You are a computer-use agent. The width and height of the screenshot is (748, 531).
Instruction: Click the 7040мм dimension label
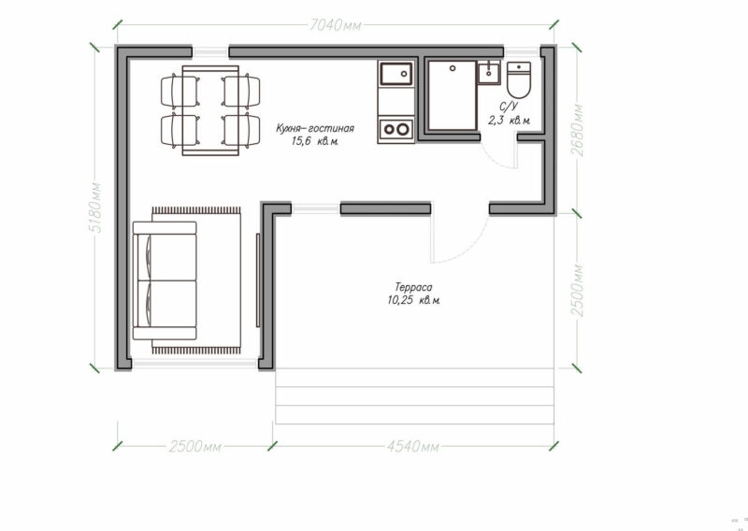pos(336,25)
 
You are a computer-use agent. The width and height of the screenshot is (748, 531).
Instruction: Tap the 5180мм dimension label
pos(95,208)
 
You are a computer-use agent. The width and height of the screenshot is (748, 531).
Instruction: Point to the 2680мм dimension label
pos(577,130)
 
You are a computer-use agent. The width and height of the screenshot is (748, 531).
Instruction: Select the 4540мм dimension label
pos(412,447)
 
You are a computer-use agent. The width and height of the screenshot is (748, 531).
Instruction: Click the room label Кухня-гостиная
pos(315,128)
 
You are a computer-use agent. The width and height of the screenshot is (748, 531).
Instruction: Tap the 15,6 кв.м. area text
pos(315,141)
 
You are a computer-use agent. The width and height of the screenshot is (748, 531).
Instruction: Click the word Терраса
pos(413,287)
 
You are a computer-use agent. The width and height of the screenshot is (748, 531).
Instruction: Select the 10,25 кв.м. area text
pos(413,301)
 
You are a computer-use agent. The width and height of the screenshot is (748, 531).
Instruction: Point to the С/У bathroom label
pos(509,107)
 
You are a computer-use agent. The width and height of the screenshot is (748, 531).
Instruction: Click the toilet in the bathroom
pos(519,79)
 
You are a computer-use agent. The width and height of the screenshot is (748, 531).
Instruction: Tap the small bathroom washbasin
pos(489,73)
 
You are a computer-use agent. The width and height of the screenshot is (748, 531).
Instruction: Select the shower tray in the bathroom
pos(453,95)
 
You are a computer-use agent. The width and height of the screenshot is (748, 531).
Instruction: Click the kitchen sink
pos(396,74)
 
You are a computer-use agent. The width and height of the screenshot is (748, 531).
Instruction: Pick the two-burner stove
pos(396,129)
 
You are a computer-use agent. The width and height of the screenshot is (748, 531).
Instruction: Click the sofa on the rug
pos(165,280)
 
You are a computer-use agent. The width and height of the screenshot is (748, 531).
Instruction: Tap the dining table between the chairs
pos(210,110)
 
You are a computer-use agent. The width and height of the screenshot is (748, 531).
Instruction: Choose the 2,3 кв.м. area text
pos(509,121)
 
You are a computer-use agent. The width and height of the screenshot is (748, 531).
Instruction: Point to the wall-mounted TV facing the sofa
pos(258,280)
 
